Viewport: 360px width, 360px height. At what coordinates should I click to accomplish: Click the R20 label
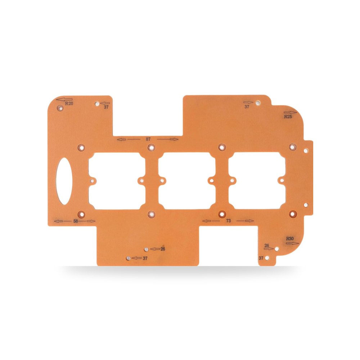coord(69,104)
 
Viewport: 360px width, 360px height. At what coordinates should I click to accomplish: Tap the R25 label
coord(288,117)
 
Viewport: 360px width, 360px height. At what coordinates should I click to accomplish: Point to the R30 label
coord(290,239)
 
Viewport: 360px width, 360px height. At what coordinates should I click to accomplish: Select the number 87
coord(148,139)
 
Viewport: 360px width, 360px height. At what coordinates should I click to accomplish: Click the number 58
coord(76,221)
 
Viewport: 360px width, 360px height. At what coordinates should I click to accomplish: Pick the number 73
coord(228,221)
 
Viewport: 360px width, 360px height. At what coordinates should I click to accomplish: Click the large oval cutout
coord(64,181)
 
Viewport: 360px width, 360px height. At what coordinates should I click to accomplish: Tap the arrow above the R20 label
coord(64,99)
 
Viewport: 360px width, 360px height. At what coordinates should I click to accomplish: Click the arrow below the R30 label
coord(292,243)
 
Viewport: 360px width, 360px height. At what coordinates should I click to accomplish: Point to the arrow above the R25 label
coord(291,112)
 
